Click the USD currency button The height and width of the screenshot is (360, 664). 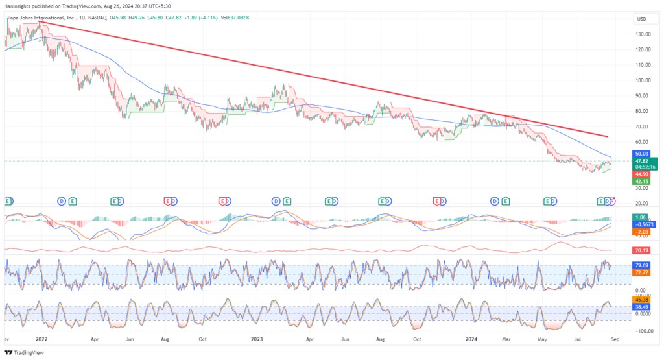point(643,19)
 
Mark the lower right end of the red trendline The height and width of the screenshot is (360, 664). point(608,136)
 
